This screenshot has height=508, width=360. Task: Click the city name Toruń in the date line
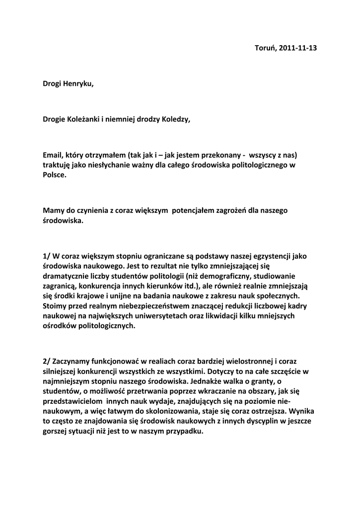point(265,48)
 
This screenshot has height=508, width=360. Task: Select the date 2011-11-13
point(298,48)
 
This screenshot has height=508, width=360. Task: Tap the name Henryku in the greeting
point(77,84)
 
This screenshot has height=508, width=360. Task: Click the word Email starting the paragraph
point(54,155)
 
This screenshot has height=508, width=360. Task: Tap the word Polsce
point(54,175)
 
